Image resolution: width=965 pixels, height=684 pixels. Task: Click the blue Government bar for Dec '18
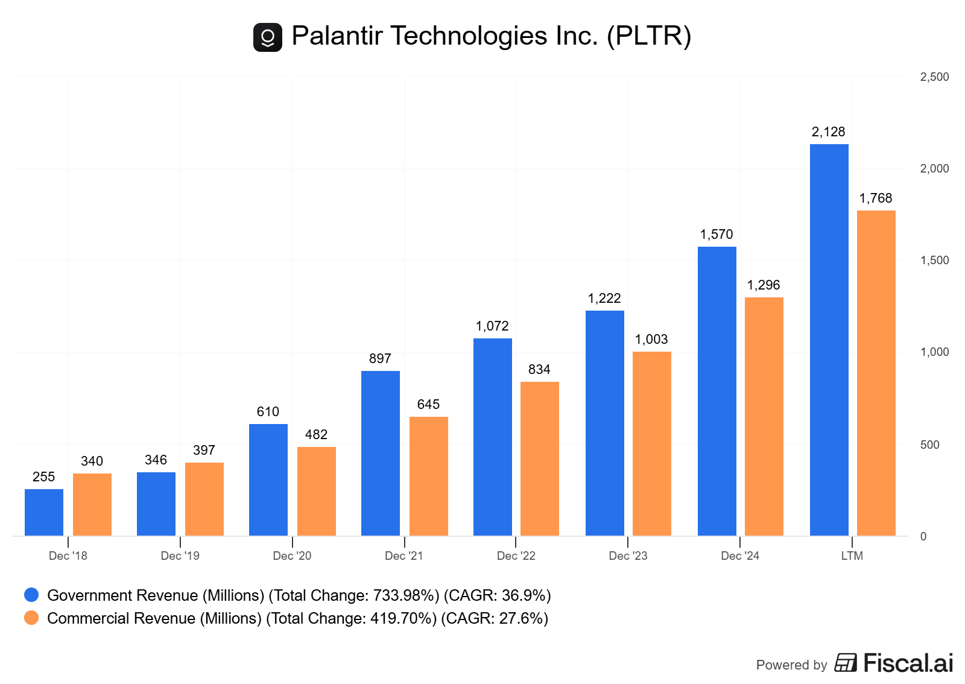coord(44,512)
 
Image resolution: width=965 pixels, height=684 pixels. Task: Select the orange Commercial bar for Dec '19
coord(204,499)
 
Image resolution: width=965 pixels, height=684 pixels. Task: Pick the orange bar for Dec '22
coord(539,458)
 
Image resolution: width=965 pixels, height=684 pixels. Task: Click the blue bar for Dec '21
coord(380,453)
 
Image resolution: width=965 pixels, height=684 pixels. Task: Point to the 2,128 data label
coord(828,132)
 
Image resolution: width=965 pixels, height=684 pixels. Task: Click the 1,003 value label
coord(651,340)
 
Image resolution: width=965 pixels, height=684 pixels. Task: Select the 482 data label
coord(316,435)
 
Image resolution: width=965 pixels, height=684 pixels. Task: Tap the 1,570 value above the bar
coord(717,235)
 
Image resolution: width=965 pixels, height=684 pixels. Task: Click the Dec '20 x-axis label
coord(292,556)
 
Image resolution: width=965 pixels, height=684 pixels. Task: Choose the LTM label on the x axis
coord(852,556)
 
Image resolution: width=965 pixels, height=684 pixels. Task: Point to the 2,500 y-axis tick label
coord(934,77)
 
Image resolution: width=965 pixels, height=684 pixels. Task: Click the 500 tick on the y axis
coord(929,445)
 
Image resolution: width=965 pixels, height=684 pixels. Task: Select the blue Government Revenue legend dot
coord(31,595)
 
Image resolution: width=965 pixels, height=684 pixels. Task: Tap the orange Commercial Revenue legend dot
coord(31,618)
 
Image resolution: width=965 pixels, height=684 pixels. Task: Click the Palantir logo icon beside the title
coord(268,37)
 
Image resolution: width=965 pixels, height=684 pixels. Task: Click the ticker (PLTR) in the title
coord(649,36)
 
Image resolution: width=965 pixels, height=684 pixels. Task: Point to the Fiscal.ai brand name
coord(908,663)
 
